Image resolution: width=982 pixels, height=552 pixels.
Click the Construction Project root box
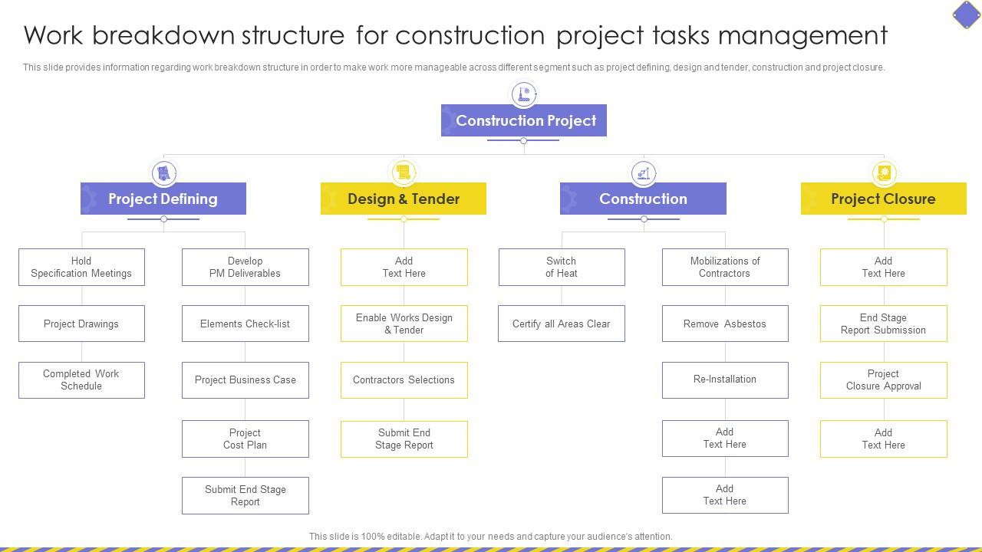pos(524,120)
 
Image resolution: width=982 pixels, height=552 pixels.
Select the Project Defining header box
pos(163,199)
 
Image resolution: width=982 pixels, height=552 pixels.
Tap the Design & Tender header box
pos(404,199)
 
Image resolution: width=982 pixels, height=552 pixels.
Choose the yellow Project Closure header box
pos(883,199)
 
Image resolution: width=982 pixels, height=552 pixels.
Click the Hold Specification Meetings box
pos(81,267)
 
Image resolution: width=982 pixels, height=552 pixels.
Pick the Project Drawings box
pos(81,324)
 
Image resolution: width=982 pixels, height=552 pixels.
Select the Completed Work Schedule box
pos(81,379)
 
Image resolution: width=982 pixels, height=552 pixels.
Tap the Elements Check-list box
pos(245,324)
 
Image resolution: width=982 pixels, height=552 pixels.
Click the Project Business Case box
pos(245,379)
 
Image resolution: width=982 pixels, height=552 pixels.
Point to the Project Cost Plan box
pos(245,439)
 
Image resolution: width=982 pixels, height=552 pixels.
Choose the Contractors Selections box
pos(404,379)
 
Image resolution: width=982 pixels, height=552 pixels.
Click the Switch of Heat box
pos(562,267)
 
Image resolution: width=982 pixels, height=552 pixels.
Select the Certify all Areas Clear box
pos(562,324)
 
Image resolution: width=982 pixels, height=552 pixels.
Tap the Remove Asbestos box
pos(725,324)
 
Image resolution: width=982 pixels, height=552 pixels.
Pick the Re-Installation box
pos(725,379)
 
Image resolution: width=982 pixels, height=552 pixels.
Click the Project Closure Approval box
pos(883,379)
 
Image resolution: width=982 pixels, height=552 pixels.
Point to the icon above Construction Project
pos(525,94)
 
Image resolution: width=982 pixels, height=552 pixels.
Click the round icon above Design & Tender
pos(404,172)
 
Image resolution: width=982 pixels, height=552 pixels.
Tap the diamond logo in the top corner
pos(966,14)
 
